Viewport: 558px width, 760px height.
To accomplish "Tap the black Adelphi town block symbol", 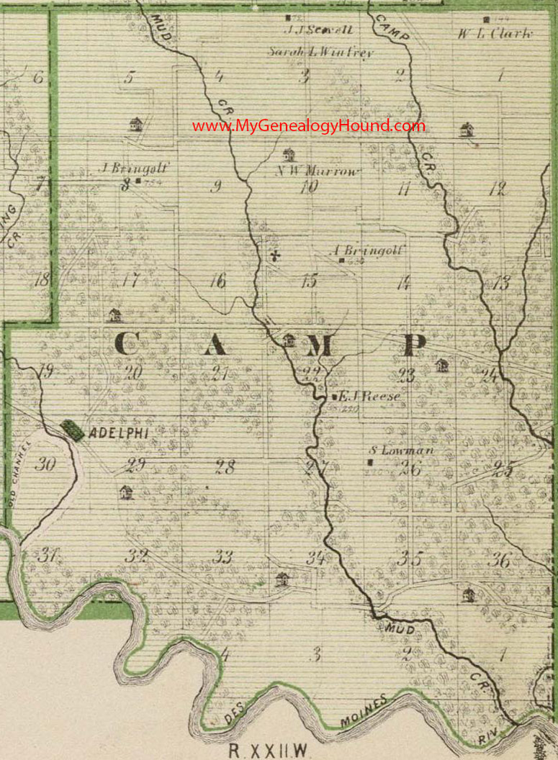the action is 72,430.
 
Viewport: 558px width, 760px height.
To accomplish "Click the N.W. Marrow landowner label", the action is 318,171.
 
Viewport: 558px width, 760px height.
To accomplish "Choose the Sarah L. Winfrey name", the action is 321,52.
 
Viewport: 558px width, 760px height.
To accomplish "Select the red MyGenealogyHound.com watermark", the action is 309,126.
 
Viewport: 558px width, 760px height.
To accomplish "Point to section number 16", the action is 217,281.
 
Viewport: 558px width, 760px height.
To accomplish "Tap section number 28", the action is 225,467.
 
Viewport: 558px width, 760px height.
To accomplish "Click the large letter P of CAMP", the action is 414,345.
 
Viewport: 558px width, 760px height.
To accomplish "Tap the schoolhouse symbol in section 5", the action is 135,125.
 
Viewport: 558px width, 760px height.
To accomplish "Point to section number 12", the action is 498,189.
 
